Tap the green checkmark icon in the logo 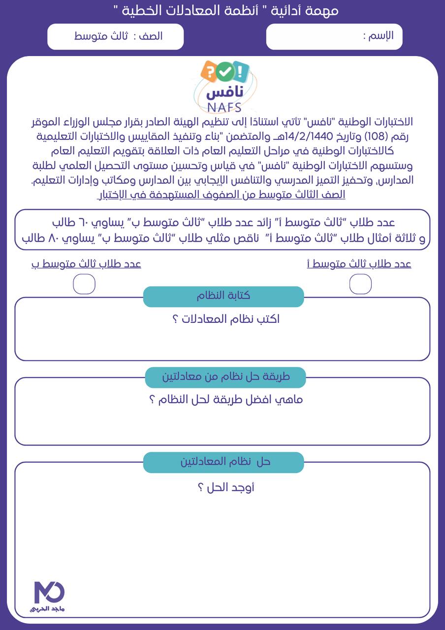tap(225, 72)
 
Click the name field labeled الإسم tap(334, 36)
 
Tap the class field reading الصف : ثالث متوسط tap(116, 36)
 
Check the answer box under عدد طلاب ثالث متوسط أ tap(360, 284)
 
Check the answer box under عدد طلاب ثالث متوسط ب tap(84, 284)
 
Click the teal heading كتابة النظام tap(223, 296)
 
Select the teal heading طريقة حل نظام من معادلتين tap(225, 377)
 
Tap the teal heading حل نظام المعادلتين tap(223, 462)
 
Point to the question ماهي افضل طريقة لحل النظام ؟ tap(226, 399)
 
